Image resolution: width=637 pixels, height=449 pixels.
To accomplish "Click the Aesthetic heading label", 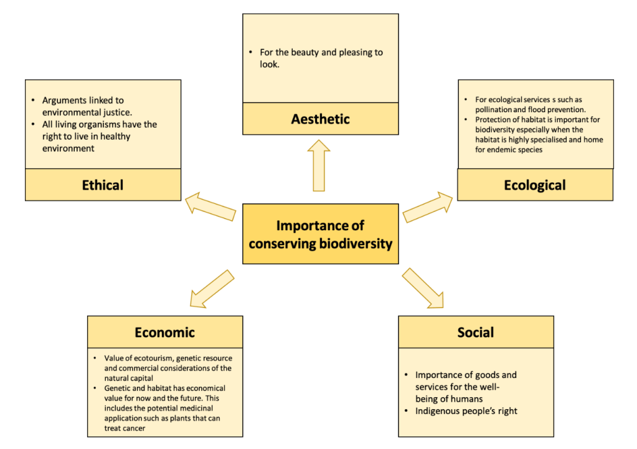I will pyautogui.click(x=320, y=118).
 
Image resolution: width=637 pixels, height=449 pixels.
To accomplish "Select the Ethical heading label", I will pyautogui.click(x=103, y=185).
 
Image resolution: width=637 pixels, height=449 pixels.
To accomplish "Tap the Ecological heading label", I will pyautogui.click(x=535, y=185).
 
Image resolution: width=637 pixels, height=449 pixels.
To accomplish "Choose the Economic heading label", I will pyautogui.click(x=164, y=332).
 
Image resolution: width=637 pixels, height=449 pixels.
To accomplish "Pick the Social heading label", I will pyautogui.click(x=476, y=332).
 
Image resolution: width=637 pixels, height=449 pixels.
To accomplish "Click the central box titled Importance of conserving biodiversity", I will pyautogui.click(x=320, y=234).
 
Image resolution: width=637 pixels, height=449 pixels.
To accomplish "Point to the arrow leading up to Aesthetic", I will pyautogui.click(x=319, y=165).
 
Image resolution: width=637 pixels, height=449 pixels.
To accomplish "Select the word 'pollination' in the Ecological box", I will pyautogui.click(x=493, y=109).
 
